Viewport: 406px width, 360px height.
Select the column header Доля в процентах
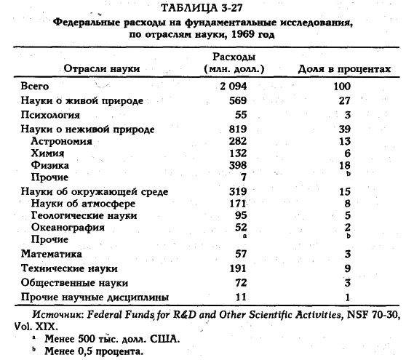(x=346, y=69)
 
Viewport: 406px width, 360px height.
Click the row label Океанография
(x=70, y=228)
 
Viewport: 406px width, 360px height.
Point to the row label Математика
(x=57, y=255)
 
